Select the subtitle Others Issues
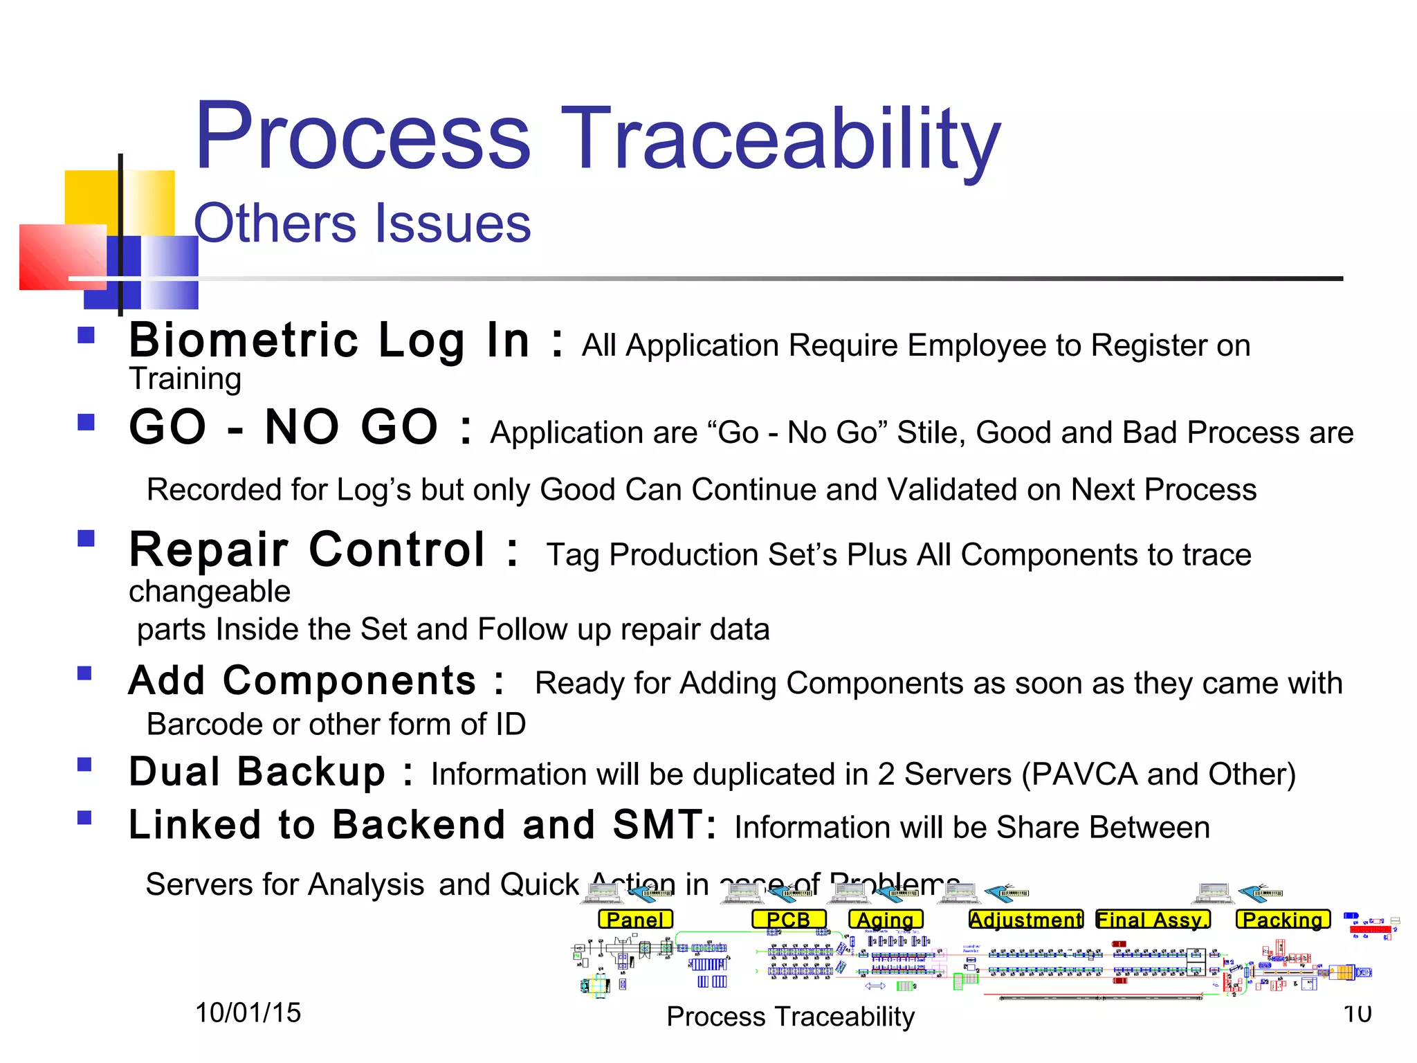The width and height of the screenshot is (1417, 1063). click(x=362, y=224)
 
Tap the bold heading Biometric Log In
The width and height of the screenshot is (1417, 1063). click(x=329, y=340)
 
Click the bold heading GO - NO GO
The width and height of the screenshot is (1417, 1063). click(x=284, y=427)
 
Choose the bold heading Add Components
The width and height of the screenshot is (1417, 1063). click(x=302, y=681)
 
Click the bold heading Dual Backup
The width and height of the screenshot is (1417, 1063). click(x=257, y=772)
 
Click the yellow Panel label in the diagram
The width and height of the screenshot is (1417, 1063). click(x=635, y=920)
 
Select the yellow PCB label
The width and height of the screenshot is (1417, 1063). click(x=789, y=920)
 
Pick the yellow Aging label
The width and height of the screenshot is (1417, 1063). click(x=886, y=920)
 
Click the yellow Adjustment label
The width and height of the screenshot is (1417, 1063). click(x=1026, y=920)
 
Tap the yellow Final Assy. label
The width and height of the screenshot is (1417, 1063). click(x=1153, y=920)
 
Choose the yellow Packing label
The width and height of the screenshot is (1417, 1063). click(x=1283, y=920)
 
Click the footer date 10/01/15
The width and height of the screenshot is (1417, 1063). click(x=248, y=1013)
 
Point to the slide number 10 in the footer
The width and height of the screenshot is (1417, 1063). click(x=1357, y=1014)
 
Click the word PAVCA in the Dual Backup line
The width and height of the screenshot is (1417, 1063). click(x=1084, y=774)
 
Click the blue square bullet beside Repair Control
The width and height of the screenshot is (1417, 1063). click(x=86, y=538)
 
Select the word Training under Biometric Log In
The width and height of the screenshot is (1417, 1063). click(x=185, y=379)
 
